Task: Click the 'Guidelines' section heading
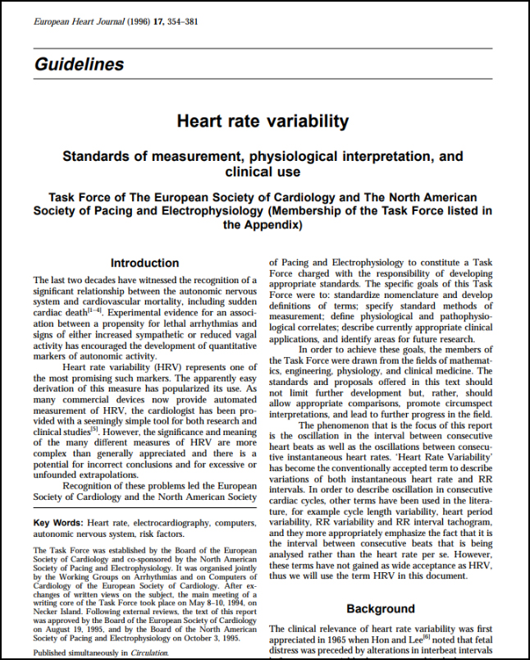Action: point(80,64)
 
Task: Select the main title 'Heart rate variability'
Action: point(263,121)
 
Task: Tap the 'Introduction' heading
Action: point(144,264)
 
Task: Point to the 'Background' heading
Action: point(380,608)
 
